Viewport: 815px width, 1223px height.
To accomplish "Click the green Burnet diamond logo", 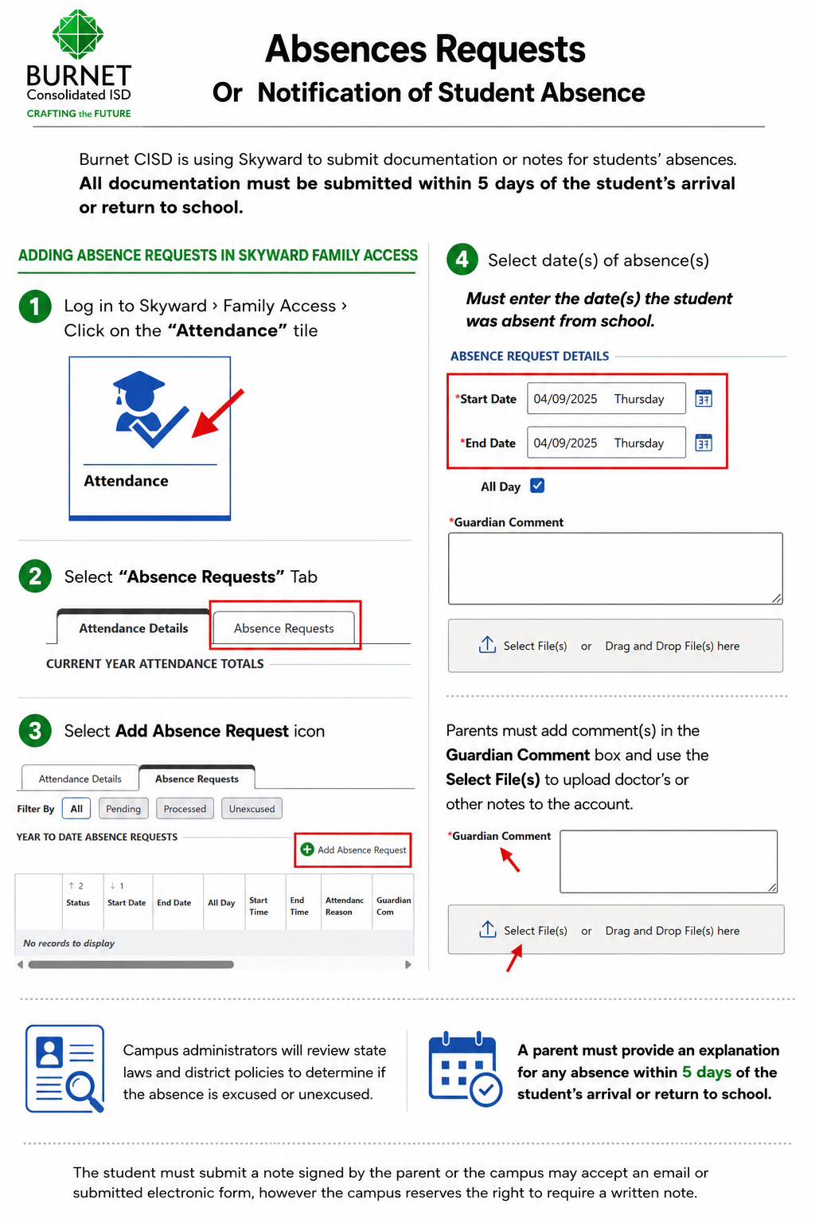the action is pos(78,34).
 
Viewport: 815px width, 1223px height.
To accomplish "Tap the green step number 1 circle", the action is pos(35,307).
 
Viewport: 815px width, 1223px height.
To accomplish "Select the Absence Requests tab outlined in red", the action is pos(284,628).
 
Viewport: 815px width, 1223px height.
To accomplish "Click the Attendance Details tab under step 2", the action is pos(133,628).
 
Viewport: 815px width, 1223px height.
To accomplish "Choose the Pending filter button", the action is pos(123,809).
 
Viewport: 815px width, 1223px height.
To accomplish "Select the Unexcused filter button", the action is pos(252,809).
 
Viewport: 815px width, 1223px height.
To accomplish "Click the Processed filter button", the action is pos(185,809).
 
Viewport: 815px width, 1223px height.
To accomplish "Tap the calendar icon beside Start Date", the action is pos(704,399).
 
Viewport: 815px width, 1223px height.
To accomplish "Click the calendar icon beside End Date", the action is pos(704,443).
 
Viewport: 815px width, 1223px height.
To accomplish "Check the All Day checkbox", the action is pos(537,486).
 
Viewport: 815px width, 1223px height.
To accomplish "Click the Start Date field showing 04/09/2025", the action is pos(606,399).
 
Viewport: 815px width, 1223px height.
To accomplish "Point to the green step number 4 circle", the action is pos(462,260).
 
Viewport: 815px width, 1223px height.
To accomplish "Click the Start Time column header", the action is pos(259,906).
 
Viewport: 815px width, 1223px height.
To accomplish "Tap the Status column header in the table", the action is pos(78,902).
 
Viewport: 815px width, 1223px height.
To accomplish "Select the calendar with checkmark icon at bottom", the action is pos(465,1069).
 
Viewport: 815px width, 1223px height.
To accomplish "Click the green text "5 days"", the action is pos(707,1072).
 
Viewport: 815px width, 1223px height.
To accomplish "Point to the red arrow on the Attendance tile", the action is pos(217,414).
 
